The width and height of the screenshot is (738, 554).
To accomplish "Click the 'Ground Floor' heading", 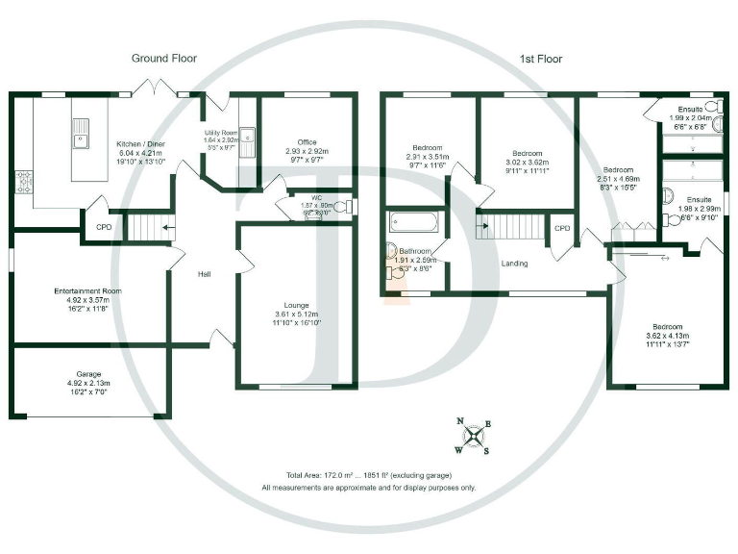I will (x=163, y=59).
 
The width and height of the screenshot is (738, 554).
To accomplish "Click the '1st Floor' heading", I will (x=540, y=59).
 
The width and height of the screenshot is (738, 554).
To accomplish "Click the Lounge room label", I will (x=295, y=305).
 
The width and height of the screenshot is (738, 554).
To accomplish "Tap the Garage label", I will (x=89, y=373).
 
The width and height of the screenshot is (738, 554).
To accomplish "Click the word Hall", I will (x=205, y=274).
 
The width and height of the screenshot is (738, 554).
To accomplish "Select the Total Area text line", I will (x=368, y=475).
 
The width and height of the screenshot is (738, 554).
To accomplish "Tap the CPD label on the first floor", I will (x=562, y=228).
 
